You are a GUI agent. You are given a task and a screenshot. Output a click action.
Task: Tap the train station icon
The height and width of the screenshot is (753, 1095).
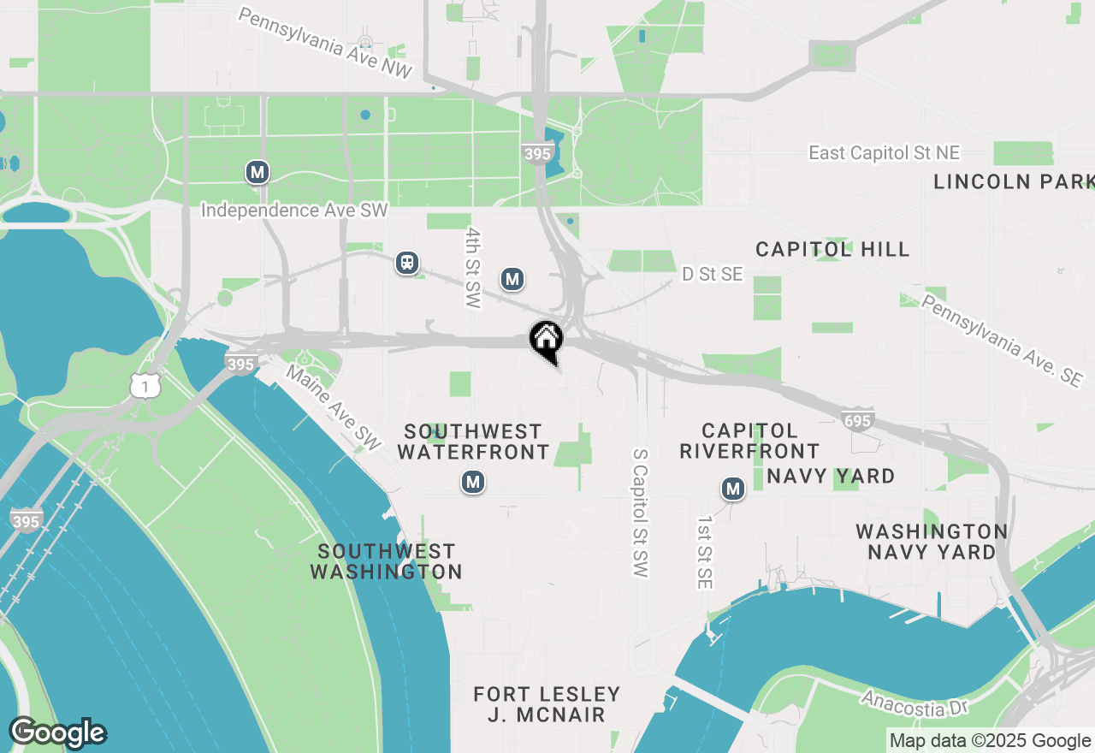pos(407,263)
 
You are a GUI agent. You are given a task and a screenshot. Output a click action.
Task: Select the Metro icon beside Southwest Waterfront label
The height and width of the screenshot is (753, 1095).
pos(473,483)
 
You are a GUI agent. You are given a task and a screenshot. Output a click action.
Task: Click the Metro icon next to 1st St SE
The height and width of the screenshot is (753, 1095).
pos(732,489)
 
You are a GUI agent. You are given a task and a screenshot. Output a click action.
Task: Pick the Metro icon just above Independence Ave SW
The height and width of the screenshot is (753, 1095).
pos(257,172)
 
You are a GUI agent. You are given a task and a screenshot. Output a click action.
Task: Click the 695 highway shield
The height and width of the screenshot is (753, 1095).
pos(858,419)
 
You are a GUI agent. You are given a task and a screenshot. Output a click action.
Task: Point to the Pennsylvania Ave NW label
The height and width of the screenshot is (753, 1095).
pos(325,44)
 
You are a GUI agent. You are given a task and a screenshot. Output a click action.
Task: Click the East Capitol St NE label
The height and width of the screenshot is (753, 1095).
pos(885,153)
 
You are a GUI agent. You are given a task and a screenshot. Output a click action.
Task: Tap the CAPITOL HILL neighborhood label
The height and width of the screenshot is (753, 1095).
pos(832,249)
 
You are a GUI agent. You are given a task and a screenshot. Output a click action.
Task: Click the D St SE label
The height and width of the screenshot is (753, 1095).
pos(712,275)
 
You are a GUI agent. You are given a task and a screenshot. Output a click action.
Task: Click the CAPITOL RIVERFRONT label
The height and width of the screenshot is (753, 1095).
pos(749,441)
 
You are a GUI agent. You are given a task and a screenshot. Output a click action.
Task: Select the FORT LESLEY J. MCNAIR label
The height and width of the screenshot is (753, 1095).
pos(547,703)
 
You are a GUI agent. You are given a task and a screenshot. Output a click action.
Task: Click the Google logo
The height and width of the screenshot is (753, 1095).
pos(58,732)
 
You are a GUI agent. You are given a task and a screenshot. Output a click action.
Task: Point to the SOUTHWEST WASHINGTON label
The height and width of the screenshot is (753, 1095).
pos(387,561)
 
